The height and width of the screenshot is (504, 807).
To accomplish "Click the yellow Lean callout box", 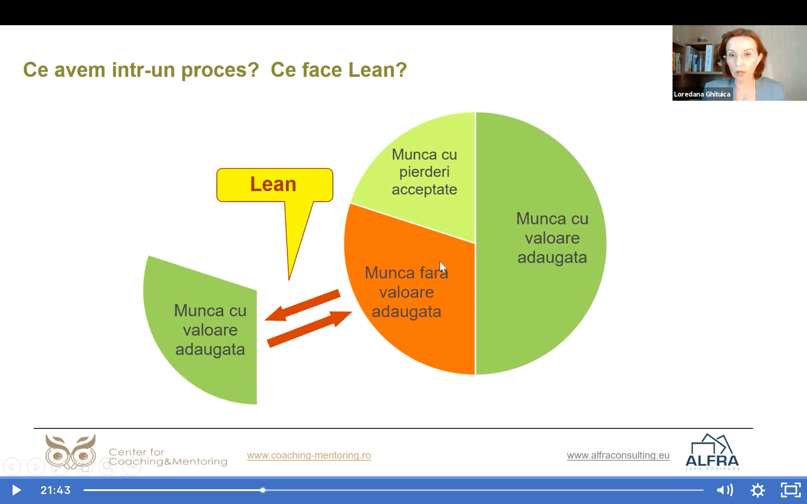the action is [275, 185].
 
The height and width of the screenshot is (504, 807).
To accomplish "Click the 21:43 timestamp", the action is [55, 490].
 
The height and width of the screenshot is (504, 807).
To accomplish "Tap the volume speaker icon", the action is [725, 490].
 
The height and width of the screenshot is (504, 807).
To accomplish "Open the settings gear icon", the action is [758, 490].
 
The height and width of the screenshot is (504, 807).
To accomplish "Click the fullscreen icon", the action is [791, 490].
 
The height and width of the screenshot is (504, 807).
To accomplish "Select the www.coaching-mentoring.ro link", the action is [309, 455].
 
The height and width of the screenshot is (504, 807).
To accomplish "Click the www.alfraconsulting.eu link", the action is [618, 455].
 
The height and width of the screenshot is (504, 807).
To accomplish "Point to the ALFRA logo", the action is [712, 452].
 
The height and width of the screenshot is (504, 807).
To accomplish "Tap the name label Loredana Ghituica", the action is [702, 94].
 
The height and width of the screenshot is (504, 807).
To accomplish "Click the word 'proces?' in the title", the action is [220, 70].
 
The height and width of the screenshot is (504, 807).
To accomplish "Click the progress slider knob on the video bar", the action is [263, 490].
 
